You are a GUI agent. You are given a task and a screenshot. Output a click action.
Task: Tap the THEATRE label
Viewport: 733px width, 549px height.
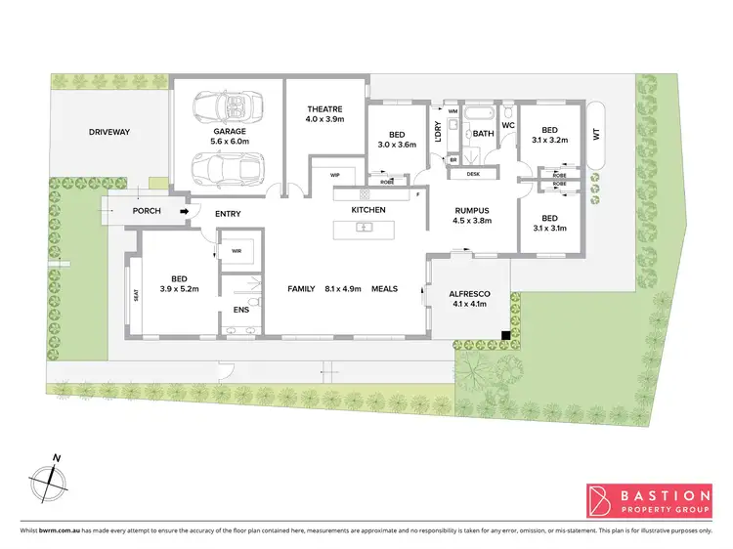coord(323,109)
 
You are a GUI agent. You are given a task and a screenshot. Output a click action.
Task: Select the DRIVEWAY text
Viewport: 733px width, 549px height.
coord(109,131)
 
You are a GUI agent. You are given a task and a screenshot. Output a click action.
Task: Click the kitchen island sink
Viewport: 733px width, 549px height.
coord(364,229)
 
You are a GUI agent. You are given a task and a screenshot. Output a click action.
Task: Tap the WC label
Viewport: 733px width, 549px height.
coord(508,125)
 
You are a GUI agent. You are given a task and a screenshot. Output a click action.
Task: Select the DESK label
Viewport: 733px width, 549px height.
coord(473,174)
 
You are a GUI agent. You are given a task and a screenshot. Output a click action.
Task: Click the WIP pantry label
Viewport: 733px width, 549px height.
coord(334,174)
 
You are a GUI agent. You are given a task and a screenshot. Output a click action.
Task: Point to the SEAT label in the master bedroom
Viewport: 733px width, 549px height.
coord(136,295)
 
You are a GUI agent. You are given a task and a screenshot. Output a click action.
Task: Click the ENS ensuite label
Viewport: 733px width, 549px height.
coord(240,311)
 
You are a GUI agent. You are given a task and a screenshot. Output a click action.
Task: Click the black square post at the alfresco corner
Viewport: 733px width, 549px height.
coord(504,337)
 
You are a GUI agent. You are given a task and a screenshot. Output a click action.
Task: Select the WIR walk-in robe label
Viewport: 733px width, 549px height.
coord(237,250)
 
